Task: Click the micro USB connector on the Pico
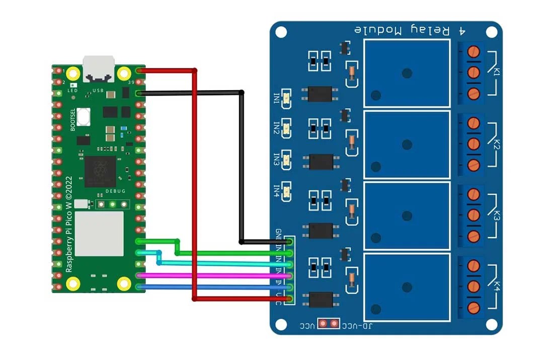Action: (x=99, y=68)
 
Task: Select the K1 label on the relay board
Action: (x=497, y=71)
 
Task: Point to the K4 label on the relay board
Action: (x=497, y=286)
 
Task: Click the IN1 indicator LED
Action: (x=287, y=98)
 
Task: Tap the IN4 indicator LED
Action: (x=287, y=190)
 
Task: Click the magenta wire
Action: (x=216, y=275)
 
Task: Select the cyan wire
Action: (x=226, y=263)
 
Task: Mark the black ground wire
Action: (x=242, y=166)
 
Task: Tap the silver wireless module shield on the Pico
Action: (x=99, y=233)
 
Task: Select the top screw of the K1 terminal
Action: (x=473, y=51)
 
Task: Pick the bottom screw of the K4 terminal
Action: (x=473, y=307)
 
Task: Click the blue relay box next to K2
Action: (x=407, y=145)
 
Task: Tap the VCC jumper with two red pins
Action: (x=329, y=323)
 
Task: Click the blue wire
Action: (x=216, y=287)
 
